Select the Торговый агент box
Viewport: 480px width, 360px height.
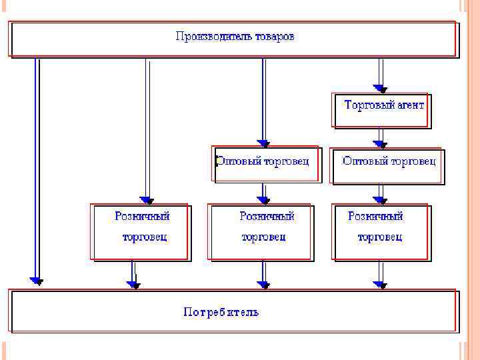click(383, 109)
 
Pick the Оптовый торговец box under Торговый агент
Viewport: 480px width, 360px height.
click(387, 165)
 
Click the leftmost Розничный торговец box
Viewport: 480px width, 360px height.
click(141, 231)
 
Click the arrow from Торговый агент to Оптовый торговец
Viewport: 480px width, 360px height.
click(380, 137)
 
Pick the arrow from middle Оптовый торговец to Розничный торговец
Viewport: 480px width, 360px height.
click(264, 193)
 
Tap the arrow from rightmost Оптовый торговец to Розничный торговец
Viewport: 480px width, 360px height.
click(380, 193)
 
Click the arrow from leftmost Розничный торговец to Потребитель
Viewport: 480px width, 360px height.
click(134, 274)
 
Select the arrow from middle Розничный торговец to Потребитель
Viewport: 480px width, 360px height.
click(264, 274)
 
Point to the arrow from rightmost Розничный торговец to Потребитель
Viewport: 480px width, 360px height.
click(380, 274)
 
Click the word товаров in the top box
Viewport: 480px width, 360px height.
click(274, 36)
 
